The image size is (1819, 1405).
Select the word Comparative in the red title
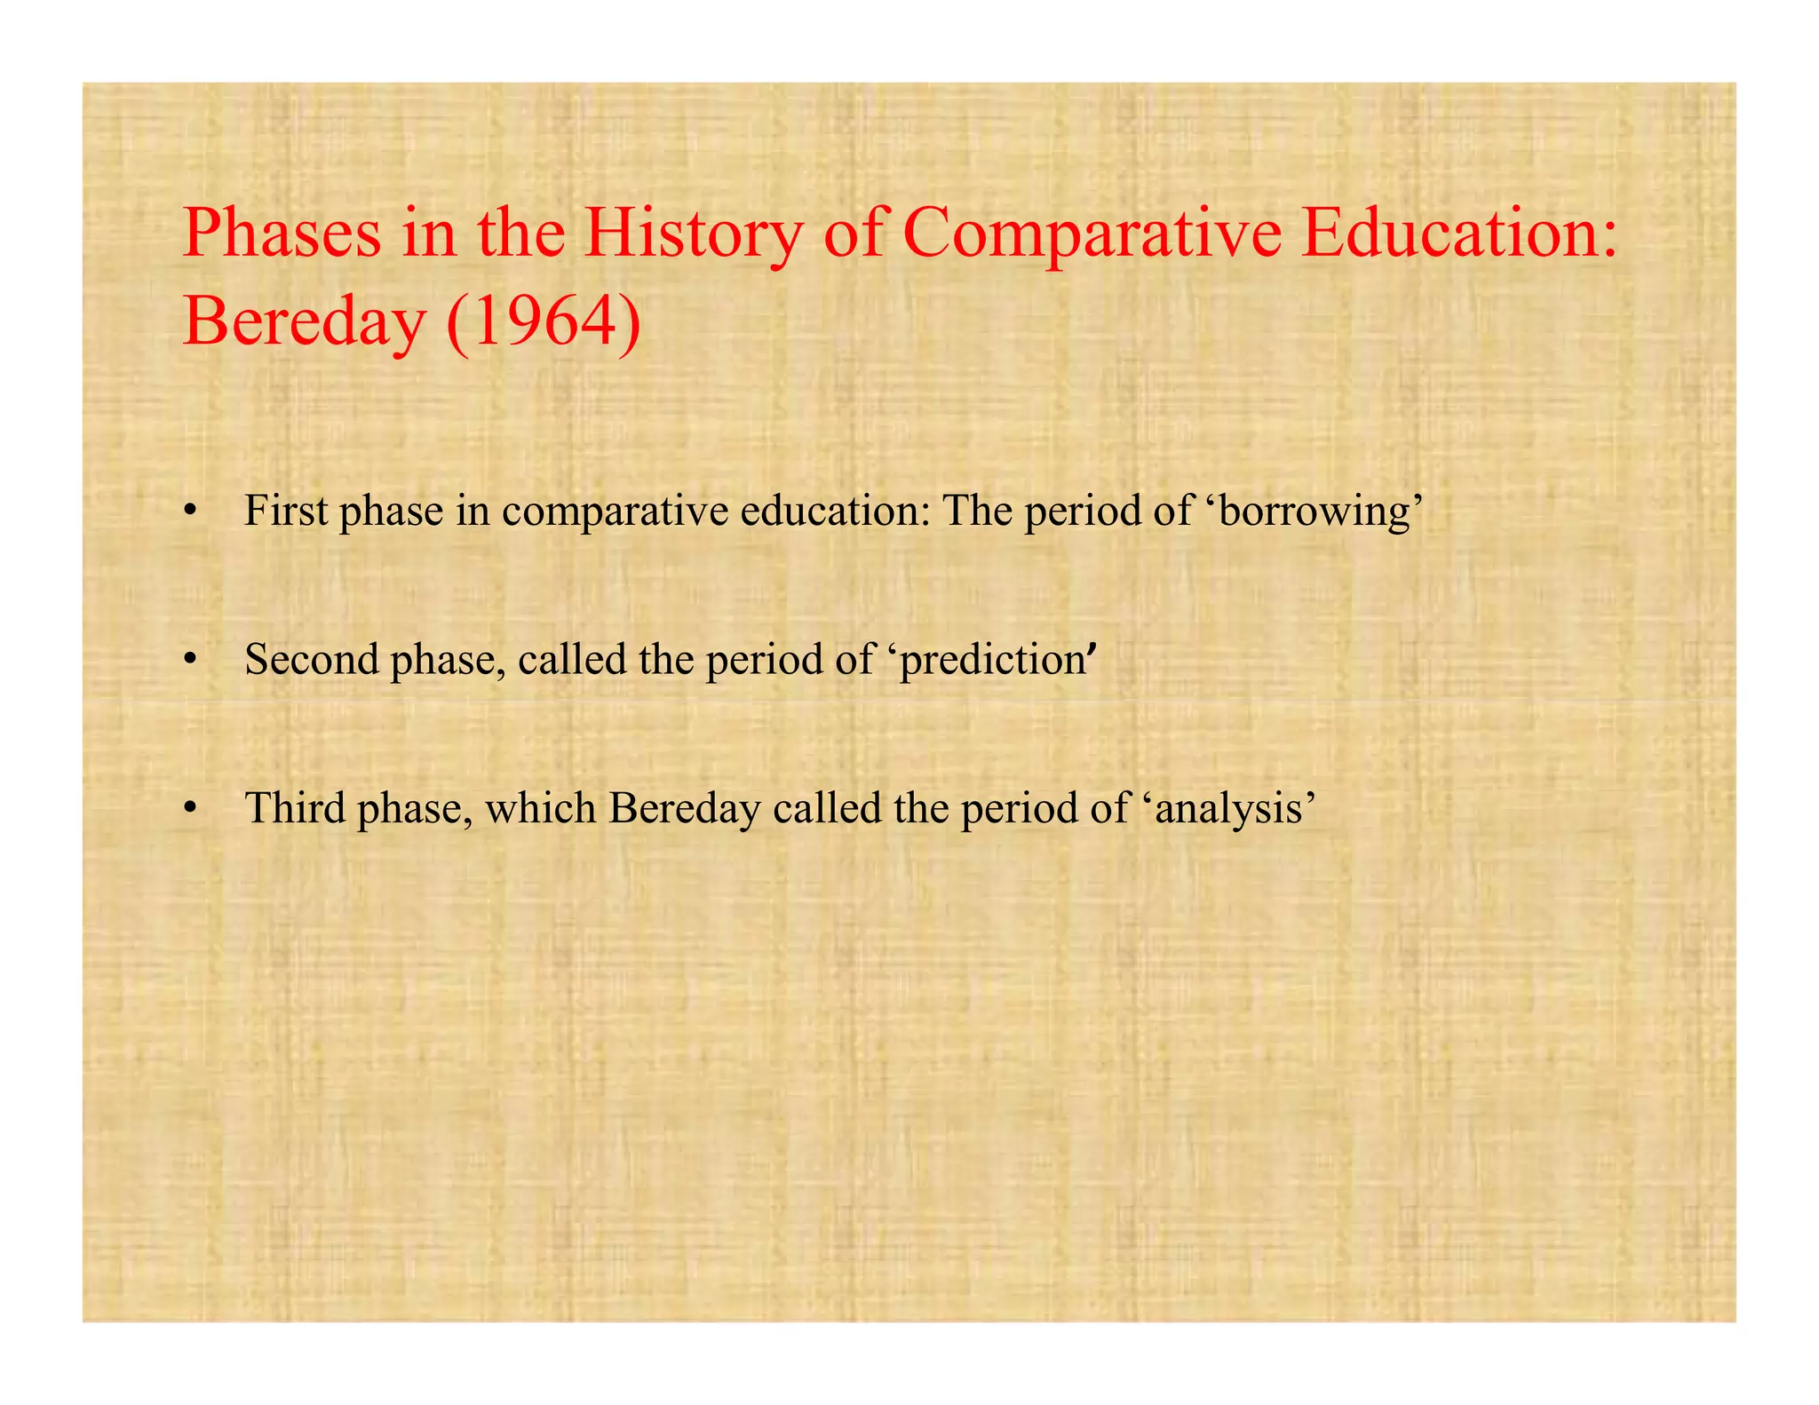tap(1092, 233)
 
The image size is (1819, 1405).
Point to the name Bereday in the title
tap(303, 321)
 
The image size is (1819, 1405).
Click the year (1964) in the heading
tap(544, 321)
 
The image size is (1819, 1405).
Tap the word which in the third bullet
tap(540, 808)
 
